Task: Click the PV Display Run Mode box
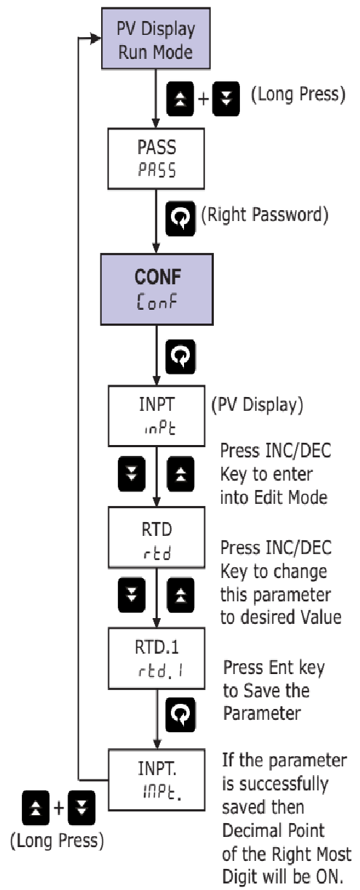[156, 41]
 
